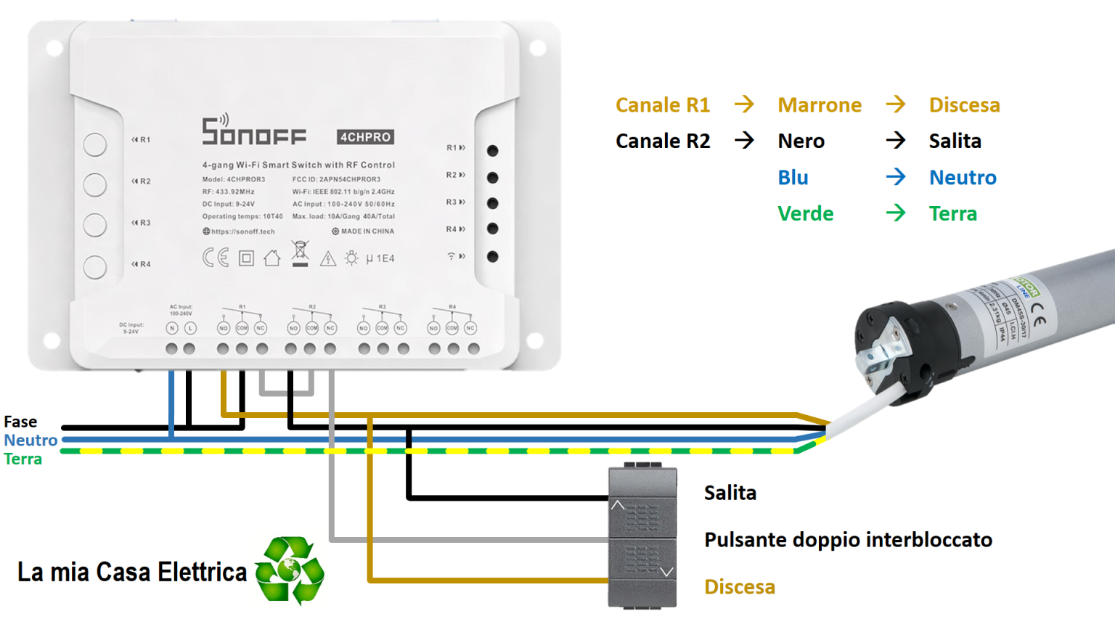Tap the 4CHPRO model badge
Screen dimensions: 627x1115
tap(365, 137)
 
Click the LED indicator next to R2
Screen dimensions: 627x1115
tap(493, 177)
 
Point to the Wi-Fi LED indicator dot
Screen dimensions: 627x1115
tap(493, 256)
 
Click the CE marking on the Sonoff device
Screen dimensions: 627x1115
tap(216, 258)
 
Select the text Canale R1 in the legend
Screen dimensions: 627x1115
tap(662, 105)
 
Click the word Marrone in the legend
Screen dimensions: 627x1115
tap(820, 105)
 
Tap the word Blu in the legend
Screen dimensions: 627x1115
tap(793, 178)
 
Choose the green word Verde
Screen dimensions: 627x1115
tap(805, 214)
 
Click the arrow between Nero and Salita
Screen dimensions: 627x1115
tap(896, 140)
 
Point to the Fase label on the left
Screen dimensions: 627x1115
tap(20, 422)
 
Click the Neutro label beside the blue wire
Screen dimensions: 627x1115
tap(30, 440)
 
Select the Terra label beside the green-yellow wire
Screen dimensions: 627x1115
tap(23, 459)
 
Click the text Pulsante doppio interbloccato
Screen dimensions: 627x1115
tap(848, 540)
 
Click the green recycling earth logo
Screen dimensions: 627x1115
tap(290, 570)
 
